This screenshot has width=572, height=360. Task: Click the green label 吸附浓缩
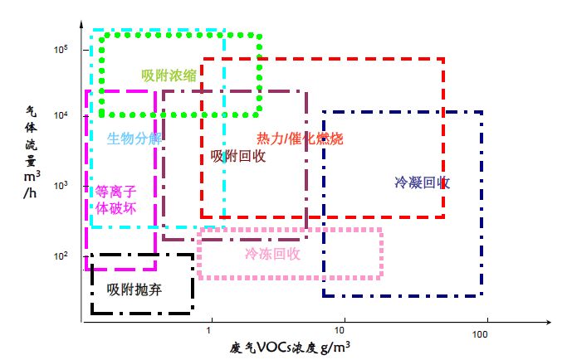pos(169,75)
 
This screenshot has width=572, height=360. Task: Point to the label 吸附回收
pos(238,155)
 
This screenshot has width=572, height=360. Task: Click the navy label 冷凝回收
pos(423,182)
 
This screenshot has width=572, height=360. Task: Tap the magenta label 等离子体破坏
pos(115,200)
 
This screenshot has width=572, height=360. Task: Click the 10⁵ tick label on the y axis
pos(61,50)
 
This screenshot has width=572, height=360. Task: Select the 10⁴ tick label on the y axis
pos(61,115)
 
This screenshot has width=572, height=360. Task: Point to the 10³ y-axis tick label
pos(61,185)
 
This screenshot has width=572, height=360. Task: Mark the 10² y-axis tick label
pos(61,255)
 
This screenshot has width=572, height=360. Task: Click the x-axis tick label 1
pos(209,332)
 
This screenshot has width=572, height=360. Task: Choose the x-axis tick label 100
pos(479,333)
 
